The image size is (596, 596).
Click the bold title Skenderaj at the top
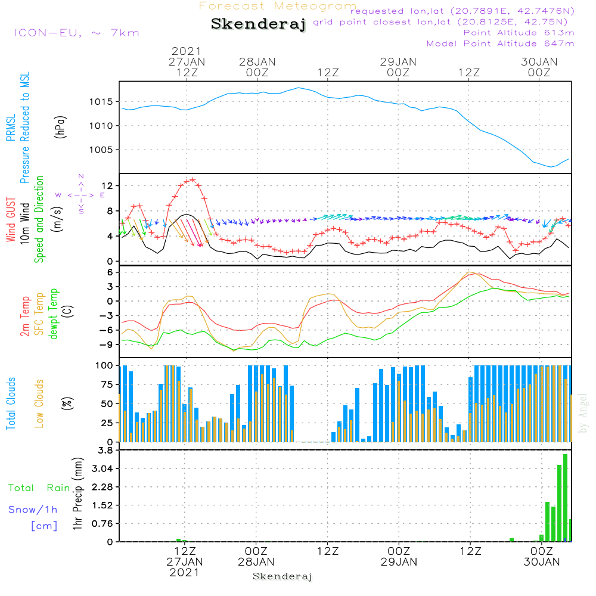tap(258, 24)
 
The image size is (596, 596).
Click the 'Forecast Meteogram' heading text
tap(278, 6)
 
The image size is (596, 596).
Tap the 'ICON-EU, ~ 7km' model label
tap(76, 32)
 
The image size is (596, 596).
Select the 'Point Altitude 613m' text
tap(519, 32)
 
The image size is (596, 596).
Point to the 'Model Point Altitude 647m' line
tap(501, 43)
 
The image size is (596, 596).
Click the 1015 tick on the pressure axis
tap(102, 102)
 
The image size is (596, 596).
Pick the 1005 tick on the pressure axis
tap(102, 150)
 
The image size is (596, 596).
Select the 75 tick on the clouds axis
tap(108, 384)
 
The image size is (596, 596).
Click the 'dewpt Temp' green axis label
tap(54, 315)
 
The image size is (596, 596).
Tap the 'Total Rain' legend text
tap(39, 488)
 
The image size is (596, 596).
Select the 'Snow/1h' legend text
tap(33, 510)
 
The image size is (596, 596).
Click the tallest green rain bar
tap(565, 498)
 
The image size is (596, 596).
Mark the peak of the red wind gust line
tap(192, 179)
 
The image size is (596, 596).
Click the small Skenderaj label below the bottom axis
tap(283, 576)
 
